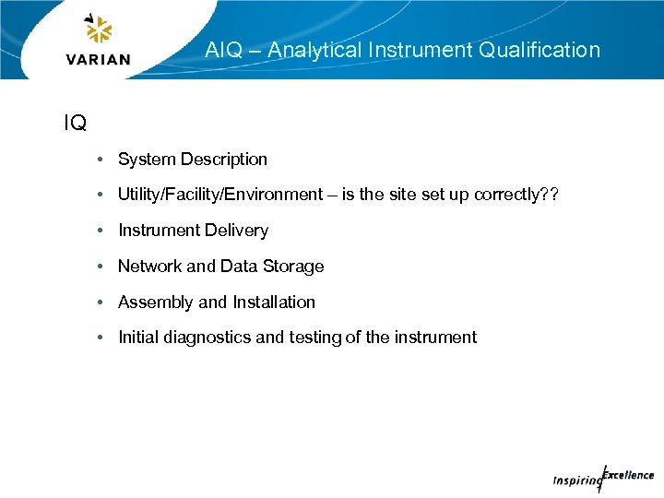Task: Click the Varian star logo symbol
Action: (x=98, y=30)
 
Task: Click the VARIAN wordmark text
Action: (x=99, y=60)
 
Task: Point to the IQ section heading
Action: (x=75, y=123)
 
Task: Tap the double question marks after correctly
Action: (x=550, y=195)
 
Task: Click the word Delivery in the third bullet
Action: (x=237, y=231)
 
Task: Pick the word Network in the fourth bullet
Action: (x=149, y=267)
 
